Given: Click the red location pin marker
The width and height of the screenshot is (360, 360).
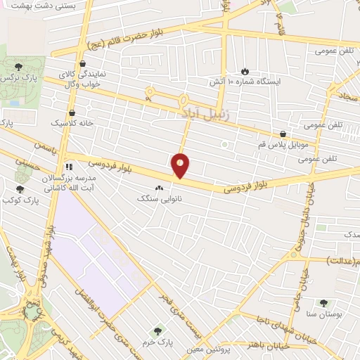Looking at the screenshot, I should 181,165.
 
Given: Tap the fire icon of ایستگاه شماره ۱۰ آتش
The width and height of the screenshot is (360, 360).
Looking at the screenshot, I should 244,72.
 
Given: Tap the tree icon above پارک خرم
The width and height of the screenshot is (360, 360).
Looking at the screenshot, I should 157,330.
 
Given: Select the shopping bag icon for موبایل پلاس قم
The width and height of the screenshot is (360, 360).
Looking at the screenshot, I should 283,134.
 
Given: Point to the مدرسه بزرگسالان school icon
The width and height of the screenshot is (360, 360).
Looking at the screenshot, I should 69,167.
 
